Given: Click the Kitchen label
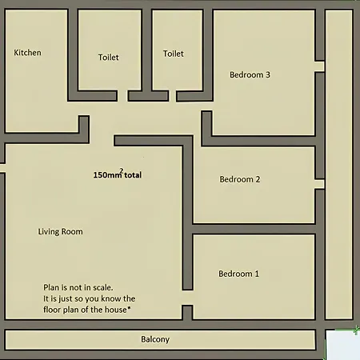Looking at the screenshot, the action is [27, 53].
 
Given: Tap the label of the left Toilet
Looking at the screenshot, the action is [108, 58].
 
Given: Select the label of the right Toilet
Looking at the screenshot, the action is [174, 54].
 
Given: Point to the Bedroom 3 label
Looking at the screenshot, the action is [250, 74].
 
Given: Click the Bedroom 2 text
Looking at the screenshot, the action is [240, 179].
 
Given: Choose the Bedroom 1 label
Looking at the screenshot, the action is [238, 274].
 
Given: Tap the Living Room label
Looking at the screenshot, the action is [60, 231].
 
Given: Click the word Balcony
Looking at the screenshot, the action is [155, 339].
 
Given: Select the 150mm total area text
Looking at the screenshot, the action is [118, 174].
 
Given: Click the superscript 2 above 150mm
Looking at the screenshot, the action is [122, 170].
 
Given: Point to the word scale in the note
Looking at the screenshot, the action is [102, 287].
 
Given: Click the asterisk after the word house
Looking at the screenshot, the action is [129, 308].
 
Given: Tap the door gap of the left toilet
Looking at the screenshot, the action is [122, 96].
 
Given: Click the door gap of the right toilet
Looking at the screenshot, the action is [172, 96].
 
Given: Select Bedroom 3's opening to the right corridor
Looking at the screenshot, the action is [319, 66].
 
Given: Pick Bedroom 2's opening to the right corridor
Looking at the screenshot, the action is [319, 184].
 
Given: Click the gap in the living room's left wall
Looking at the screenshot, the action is [2, 168].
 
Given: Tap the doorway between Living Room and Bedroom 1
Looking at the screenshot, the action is [187, 298].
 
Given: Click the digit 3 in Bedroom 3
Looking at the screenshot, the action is [268, 74].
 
